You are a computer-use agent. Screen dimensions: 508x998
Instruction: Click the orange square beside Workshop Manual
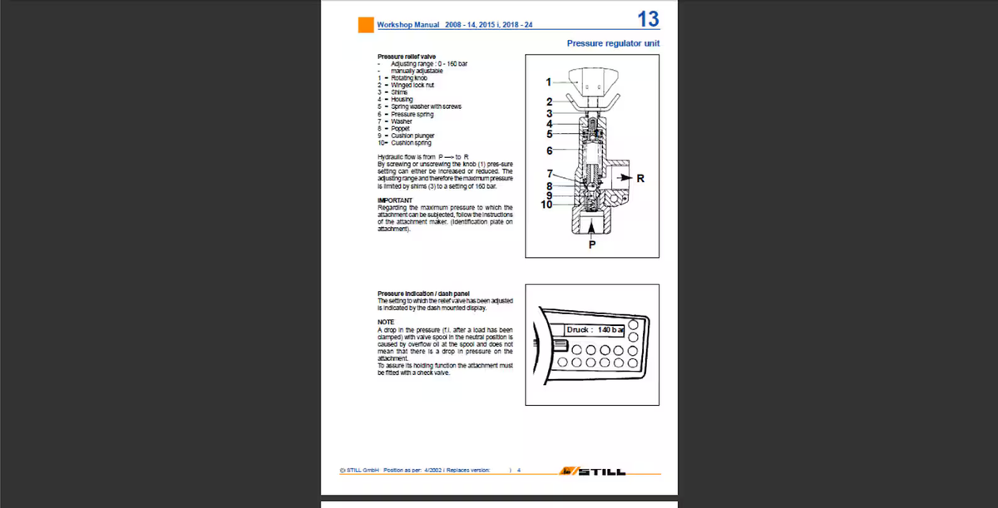point(366,25)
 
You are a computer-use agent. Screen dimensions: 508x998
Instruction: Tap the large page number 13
point(647,19)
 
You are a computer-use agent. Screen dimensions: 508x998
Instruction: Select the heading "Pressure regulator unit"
point(613,42)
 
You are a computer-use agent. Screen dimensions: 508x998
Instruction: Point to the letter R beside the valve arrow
point(640,179)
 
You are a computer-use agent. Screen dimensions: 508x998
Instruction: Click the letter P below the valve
point(592,244)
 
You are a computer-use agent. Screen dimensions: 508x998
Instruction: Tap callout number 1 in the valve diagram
point(548,81)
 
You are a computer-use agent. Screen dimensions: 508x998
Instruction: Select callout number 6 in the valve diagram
point(549,150)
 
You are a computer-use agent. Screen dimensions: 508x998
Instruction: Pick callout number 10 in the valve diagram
point(546,205)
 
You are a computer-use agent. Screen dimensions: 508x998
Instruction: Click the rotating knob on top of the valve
point(592,83)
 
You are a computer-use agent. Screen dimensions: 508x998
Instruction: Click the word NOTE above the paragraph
point(385,322)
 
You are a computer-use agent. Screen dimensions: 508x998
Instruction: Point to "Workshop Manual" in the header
point(408,25)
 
